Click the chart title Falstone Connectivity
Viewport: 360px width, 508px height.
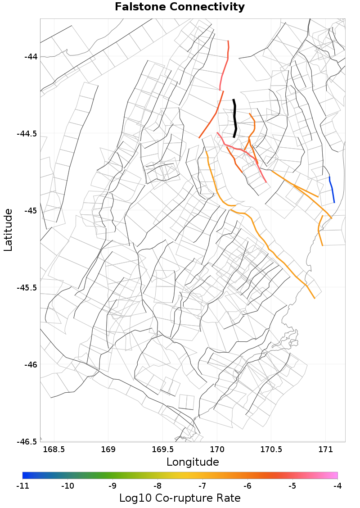[x=180, y=7]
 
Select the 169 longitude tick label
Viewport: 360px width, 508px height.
[x=108, y=450]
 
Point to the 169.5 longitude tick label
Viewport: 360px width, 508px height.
[x=162, y=450]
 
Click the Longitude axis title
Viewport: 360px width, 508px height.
[x=193, y=462]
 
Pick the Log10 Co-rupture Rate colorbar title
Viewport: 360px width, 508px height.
[x=180, y=498]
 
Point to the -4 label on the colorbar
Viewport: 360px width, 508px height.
[x=337, y=486]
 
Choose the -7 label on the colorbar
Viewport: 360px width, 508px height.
[x=202, y=486]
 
